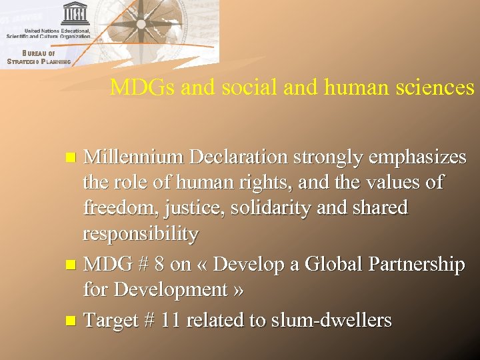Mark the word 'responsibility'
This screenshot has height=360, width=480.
[x=141, y=234]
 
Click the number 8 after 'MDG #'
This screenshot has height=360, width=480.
[x=159, y=265]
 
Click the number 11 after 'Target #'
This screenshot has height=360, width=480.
[x=171, y=320]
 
